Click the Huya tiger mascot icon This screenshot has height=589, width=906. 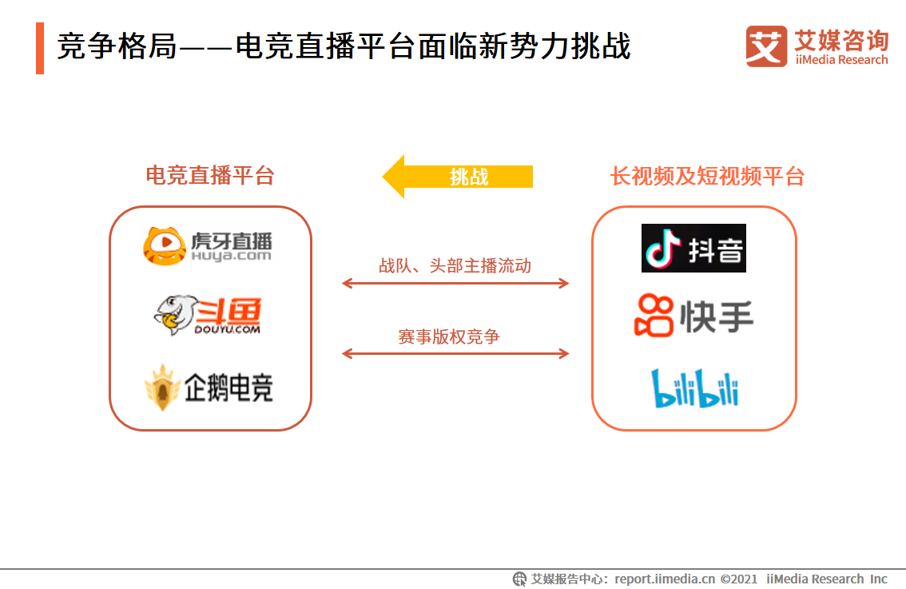tap(164, 245)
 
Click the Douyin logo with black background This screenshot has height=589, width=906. tap(693, 249)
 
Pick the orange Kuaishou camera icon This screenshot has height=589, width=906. tap(654, 316)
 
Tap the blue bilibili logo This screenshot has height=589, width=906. tap(694, 388)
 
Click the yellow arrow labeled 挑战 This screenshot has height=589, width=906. tap(457, 177)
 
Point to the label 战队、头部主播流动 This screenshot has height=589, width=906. tap(455, 266)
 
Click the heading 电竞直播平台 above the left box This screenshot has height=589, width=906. tap(210, 176)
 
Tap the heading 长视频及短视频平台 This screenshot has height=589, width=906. tap(707, 176)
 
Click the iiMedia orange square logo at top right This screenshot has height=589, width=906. tap(766, 46)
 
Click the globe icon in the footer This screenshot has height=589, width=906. tap(519, 579)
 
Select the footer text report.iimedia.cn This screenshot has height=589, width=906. tap(665, 579)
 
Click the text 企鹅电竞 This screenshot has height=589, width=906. tap(228, 388)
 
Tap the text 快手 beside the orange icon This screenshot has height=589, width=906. tap(717, 316)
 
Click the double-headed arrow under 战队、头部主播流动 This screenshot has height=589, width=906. tap(455, 283)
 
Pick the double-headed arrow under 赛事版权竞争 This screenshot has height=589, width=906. tap(455, 353)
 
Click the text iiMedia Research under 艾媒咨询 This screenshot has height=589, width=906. tap(841, 60)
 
